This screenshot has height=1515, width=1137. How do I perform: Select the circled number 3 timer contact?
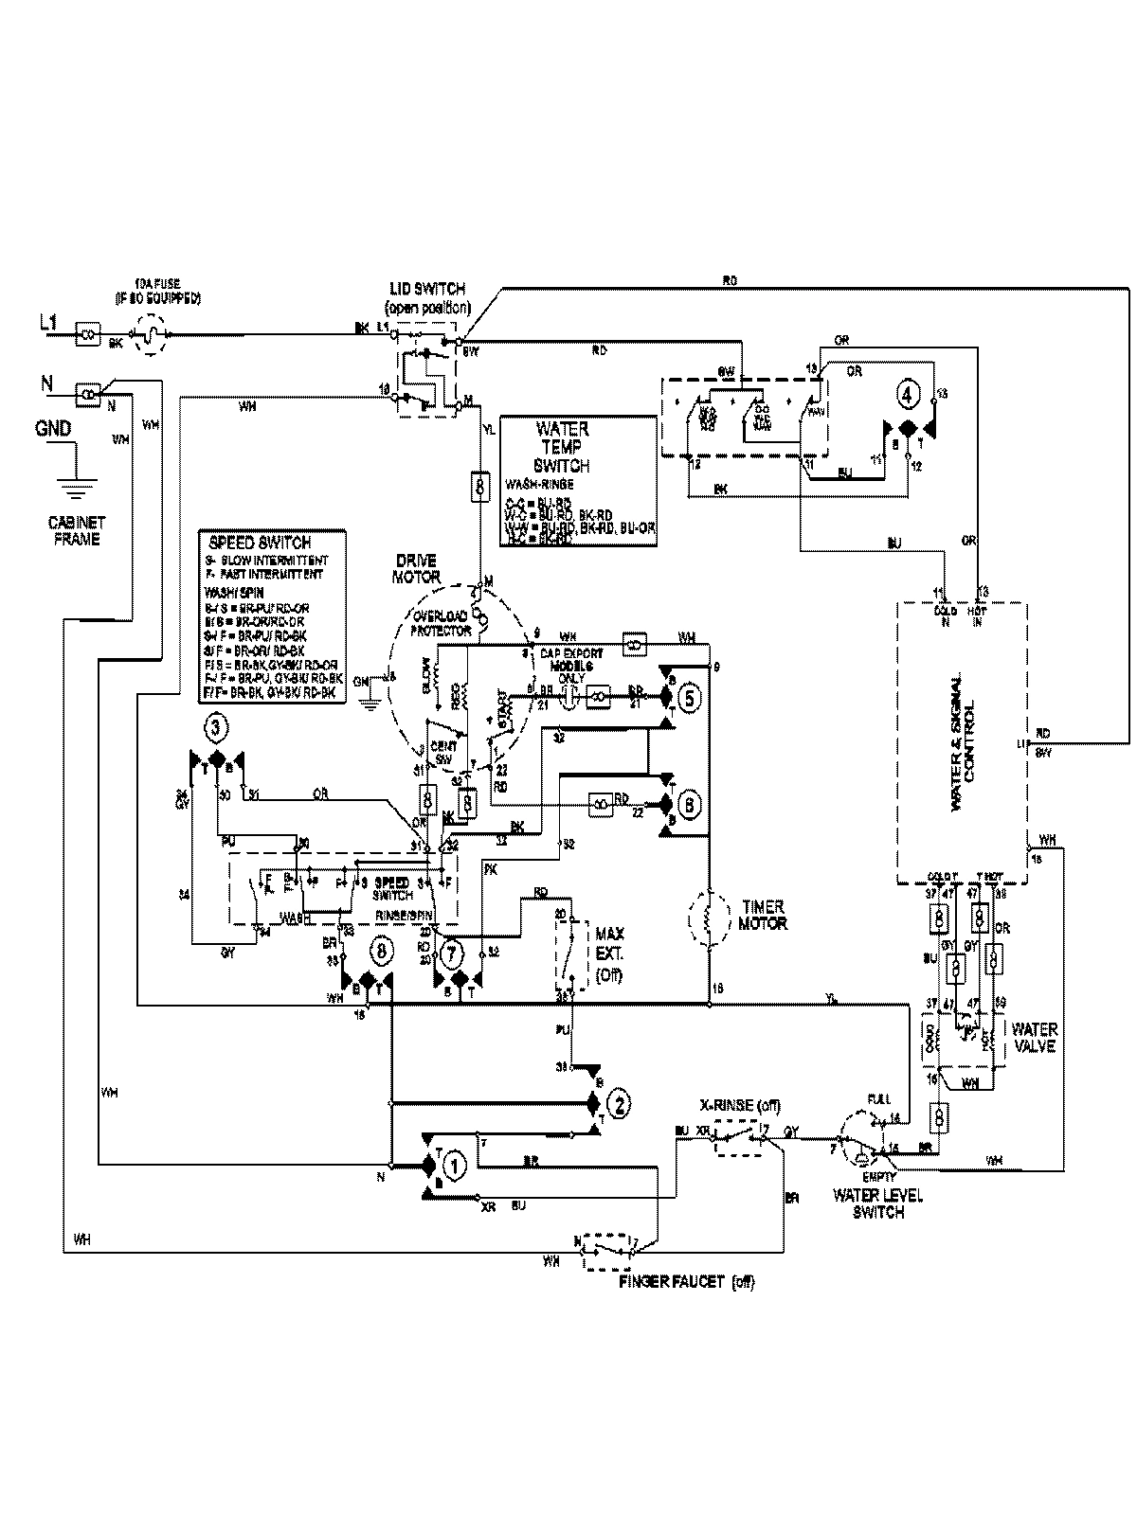pos(217,728)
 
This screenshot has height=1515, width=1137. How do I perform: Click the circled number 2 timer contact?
pos(619,1104)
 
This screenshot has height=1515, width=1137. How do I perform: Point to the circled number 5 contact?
pos(690,699)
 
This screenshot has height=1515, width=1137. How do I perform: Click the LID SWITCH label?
pos(426,298)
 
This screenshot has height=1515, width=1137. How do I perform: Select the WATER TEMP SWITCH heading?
pos(563,447)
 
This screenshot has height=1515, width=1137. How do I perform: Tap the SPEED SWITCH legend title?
pos(260,543)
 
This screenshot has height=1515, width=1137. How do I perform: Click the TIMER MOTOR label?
pos(764,915)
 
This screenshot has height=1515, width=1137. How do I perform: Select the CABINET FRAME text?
pos(77,530)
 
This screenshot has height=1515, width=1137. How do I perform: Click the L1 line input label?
pos(49,325)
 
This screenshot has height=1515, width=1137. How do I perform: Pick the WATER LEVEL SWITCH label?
pos(877,1203)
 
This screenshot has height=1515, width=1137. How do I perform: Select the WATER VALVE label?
pos(1035,1038)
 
